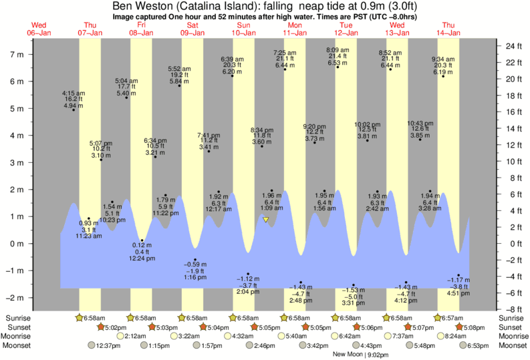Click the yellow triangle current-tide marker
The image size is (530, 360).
pos(265,219)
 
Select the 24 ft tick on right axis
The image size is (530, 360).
pos(513,46)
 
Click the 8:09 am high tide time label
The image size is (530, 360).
pos(338,50)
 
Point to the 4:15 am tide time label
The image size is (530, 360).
pos(73,93)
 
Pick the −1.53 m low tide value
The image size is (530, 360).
pos(353,291)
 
